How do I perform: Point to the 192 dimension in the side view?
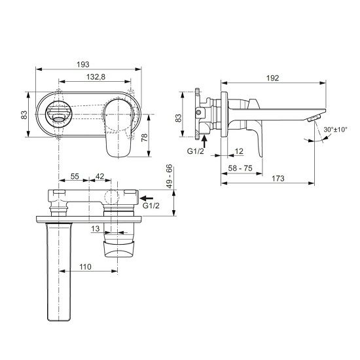click(x=273, y=77)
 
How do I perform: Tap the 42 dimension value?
click(x=100, y=177)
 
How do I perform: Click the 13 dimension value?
click(x=97, y=228)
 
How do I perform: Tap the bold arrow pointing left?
click(x=149, y=195)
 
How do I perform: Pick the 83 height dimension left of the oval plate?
click(x=24, y=115)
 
